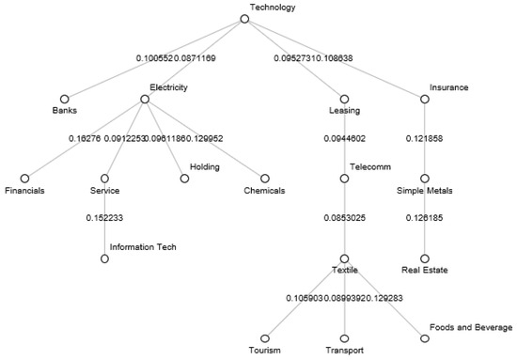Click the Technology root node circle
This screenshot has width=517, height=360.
coord(244,18)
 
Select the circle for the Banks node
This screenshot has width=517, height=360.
coord(65,98)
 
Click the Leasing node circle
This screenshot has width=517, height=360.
coord(345,98)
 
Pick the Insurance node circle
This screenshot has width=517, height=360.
coord(425,98)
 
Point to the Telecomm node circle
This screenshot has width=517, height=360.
coord(345,178)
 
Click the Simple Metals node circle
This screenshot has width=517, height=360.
coord(425,178)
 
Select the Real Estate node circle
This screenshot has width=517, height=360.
coord(425,258)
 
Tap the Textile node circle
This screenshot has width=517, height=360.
coord(345,258)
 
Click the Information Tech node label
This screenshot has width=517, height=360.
coord(143,247)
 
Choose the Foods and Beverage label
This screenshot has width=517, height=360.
coord(471,327)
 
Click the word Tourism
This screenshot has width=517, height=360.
coord(265,351)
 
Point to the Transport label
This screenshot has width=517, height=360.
coord(345,351)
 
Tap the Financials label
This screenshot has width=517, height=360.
coord(24,190)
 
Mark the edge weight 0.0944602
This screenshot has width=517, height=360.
coord(345,138)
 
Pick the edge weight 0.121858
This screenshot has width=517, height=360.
coord(425,138)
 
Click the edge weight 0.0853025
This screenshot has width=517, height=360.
coord(345,218)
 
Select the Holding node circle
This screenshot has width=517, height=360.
coord(184,178)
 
